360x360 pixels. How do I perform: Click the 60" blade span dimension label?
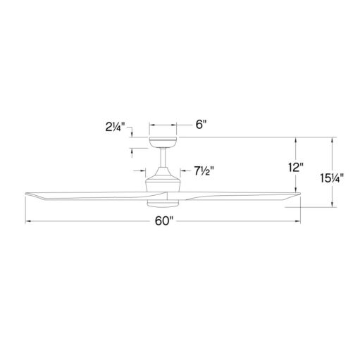(x=163, y=222)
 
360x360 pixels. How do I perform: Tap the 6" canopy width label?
(x=200, y=125)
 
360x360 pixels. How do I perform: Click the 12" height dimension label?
(x=296, y=168)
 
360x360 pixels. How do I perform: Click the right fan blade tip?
(x=299, y=192)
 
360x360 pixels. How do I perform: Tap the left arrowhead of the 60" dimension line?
(x=28, y=222)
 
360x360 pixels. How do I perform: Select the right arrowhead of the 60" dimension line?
(x=299, y=222)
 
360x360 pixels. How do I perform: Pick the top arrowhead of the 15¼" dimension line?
(x=332, y=139)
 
